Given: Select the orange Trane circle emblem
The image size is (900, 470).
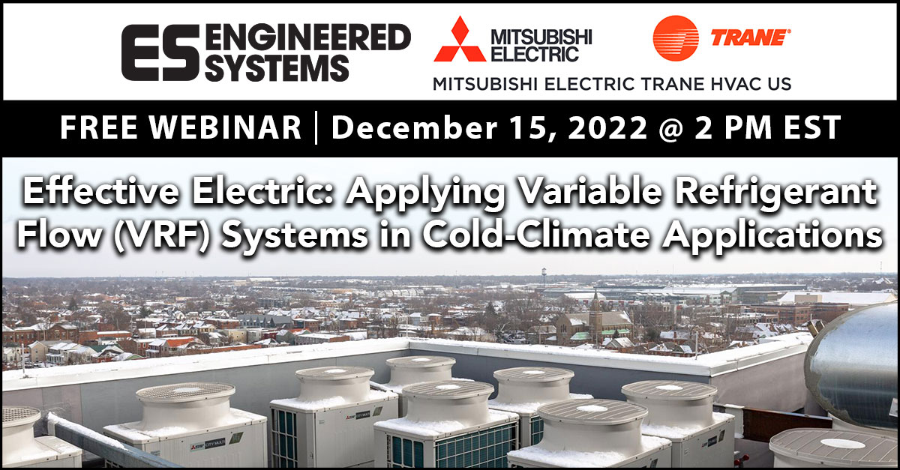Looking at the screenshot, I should coord(675,37).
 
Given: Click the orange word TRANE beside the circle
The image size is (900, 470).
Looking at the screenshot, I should coord(758,37).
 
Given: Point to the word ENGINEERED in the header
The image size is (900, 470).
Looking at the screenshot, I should coord(307,37).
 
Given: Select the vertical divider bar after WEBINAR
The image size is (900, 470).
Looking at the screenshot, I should coord(316,128).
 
